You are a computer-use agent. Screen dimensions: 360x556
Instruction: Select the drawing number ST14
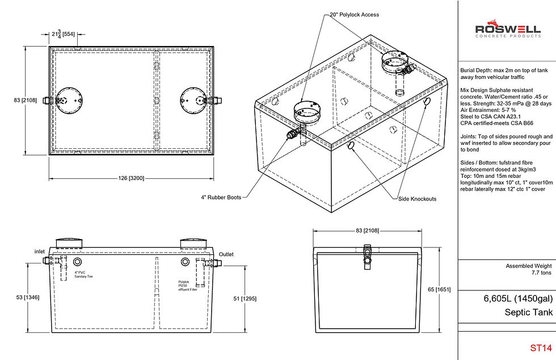(x=540, y=348)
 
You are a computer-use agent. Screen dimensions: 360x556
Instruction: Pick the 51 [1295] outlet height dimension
(x=251, y=299)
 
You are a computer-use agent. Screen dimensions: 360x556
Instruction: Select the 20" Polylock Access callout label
(x=354, y=15)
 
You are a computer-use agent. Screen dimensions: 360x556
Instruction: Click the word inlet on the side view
(x=39, y=251)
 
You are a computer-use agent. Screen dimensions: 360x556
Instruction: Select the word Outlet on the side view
(x=226, y=254)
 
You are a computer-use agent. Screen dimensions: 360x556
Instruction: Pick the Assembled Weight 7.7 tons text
(x=529, y=269)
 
